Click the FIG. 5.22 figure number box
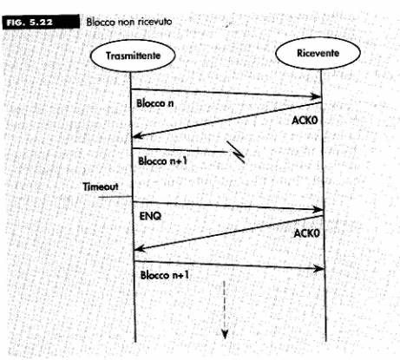[x=41, y=22]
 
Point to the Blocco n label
[x=155, y=103]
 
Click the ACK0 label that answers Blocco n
[x=305, y=120]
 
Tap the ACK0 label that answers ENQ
[x=307, y=232]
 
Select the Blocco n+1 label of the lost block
[x=163, y=160]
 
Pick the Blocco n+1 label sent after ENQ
[x=165, y=275]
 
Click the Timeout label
[x=101, y=187]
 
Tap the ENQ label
[x=150, y=216]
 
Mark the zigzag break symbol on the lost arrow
[x=236, y=152]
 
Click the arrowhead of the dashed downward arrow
[x=225, y=334]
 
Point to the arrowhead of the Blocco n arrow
[x=317, y=96]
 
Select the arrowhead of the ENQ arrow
[x=318, y=210]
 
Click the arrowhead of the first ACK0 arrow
[x=137, y=135]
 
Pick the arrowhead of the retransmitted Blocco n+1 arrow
[x=319, y=269]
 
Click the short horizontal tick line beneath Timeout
[x=115, y=197]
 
